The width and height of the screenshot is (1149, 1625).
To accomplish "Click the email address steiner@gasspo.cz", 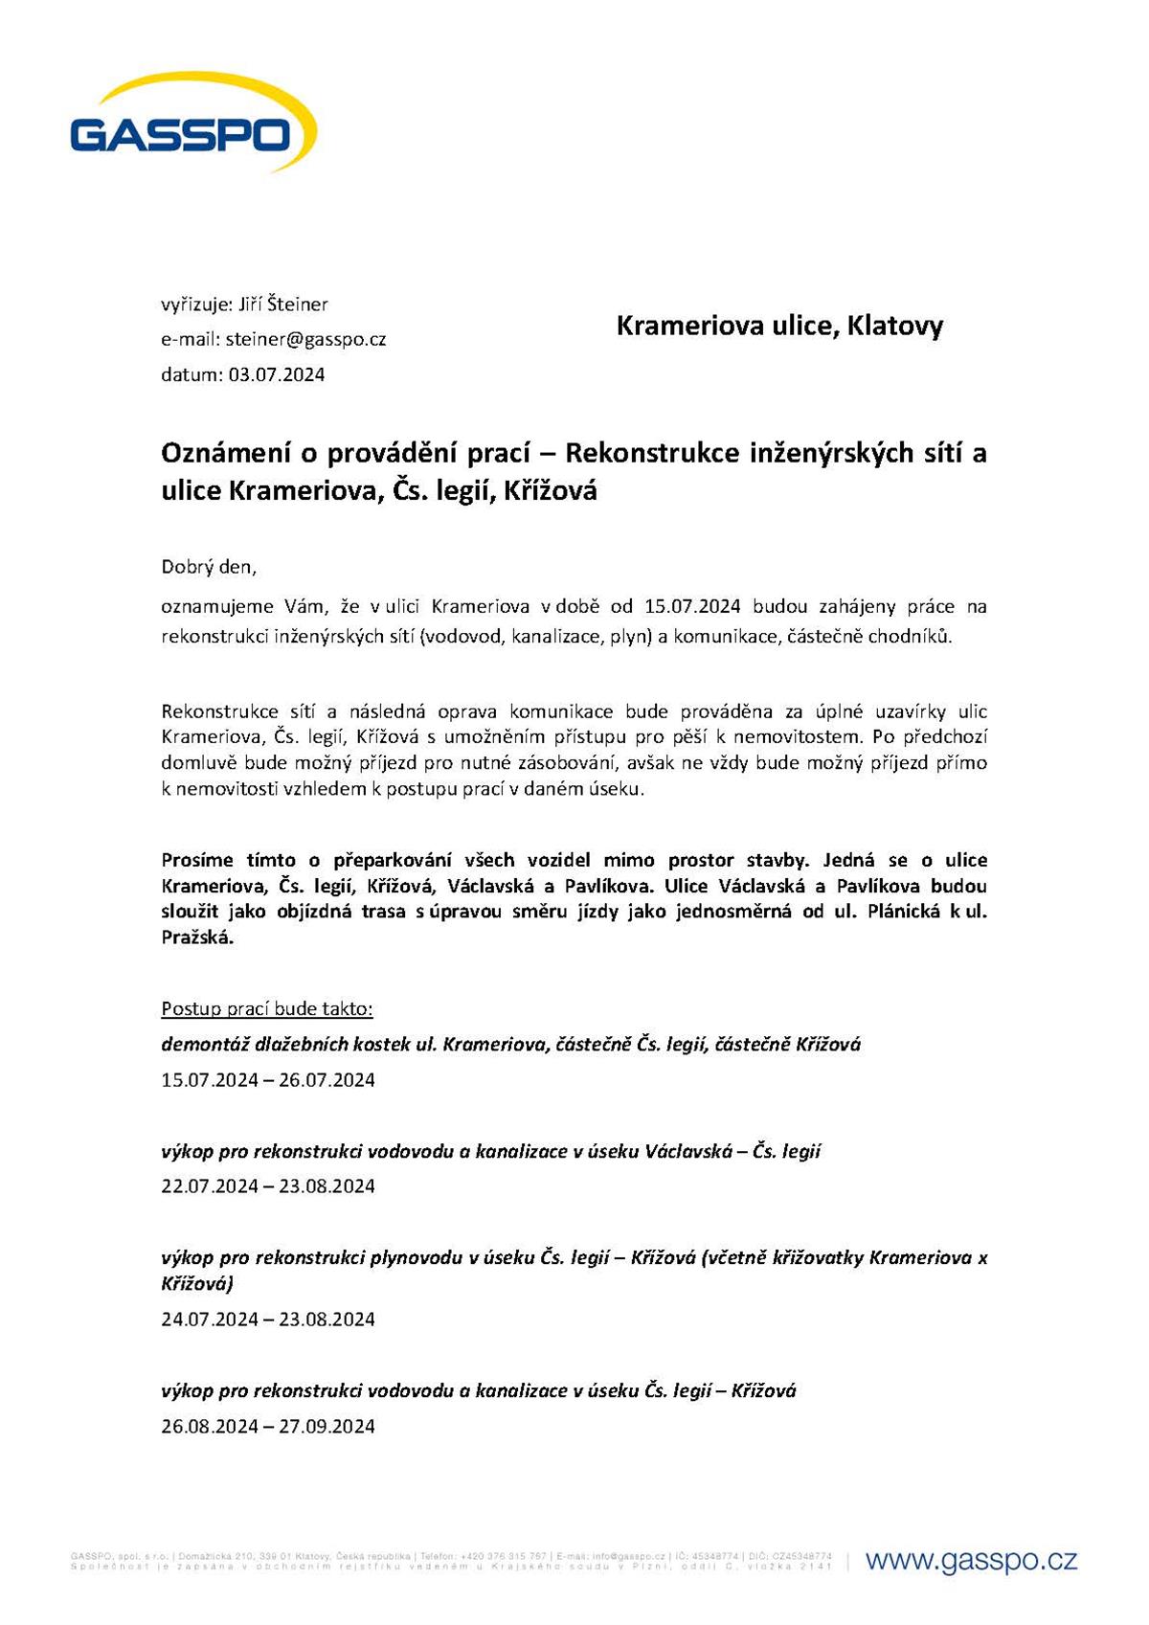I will coord(305,339).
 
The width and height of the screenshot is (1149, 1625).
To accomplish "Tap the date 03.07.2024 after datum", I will coord(277,374).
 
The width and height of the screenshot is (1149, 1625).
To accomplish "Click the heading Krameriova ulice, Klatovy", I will coord(779,326).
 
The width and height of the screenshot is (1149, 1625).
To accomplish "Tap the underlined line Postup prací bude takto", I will coord(267,1008).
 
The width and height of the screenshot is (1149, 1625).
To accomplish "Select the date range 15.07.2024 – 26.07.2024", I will coord(268,1080).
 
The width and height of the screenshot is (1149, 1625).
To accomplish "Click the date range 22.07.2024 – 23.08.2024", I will coord(268,1186).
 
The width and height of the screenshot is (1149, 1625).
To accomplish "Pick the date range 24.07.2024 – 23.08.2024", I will coord(268,1320).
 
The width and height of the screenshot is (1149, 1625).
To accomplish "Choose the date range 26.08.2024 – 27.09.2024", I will coord(268,1426).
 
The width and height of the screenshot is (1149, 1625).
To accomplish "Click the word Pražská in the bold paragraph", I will coord(196,937).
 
